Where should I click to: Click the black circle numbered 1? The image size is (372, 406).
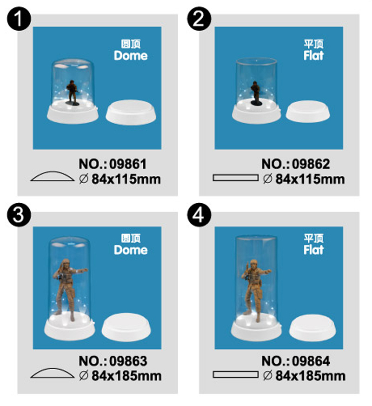click(19, 19)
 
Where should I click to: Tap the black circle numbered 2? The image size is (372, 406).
click(199, 19)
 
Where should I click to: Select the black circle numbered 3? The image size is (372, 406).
click(19, 215)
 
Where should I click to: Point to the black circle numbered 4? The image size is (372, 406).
click(199, 215)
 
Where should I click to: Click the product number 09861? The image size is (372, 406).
click(128, 164)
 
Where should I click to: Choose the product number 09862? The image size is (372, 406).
click(311, 164)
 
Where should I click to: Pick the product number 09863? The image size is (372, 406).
click(128, 361)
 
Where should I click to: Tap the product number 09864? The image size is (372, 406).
click(311, 361)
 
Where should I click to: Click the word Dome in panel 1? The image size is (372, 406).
click(131, 56)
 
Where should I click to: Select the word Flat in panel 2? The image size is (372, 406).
click(313, 56)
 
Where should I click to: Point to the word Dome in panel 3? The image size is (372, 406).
click(131, 250)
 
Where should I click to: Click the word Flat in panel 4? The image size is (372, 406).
click(313, 250)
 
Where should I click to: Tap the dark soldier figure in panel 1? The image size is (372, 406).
click(72, 92)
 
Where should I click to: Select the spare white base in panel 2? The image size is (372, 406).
click(308, 112)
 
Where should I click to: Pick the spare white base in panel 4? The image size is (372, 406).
click(312, 327)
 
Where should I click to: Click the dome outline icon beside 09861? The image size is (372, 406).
click(53, 176)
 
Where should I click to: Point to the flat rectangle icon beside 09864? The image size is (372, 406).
click(235, 374)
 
